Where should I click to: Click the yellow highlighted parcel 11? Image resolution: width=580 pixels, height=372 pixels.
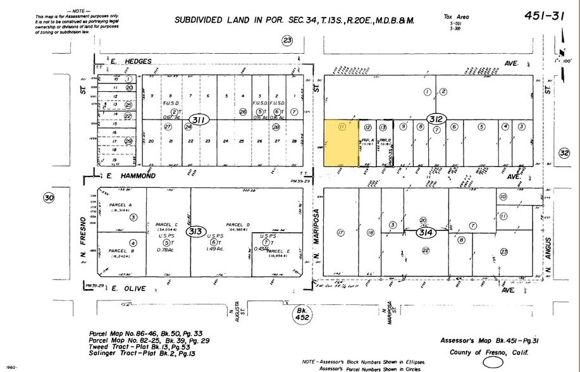coord(342,143)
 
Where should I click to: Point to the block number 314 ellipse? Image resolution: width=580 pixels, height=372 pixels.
coord(423,233)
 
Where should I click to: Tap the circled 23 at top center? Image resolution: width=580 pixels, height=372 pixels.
coord(288,41)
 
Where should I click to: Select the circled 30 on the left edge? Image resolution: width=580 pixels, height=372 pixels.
coord(49,198)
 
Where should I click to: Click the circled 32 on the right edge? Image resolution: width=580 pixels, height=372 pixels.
coord(564,152)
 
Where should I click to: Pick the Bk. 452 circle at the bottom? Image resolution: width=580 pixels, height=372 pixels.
coord(302,314)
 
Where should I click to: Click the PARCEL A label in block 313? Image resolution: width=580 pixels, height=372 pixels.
coord(121,206)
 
